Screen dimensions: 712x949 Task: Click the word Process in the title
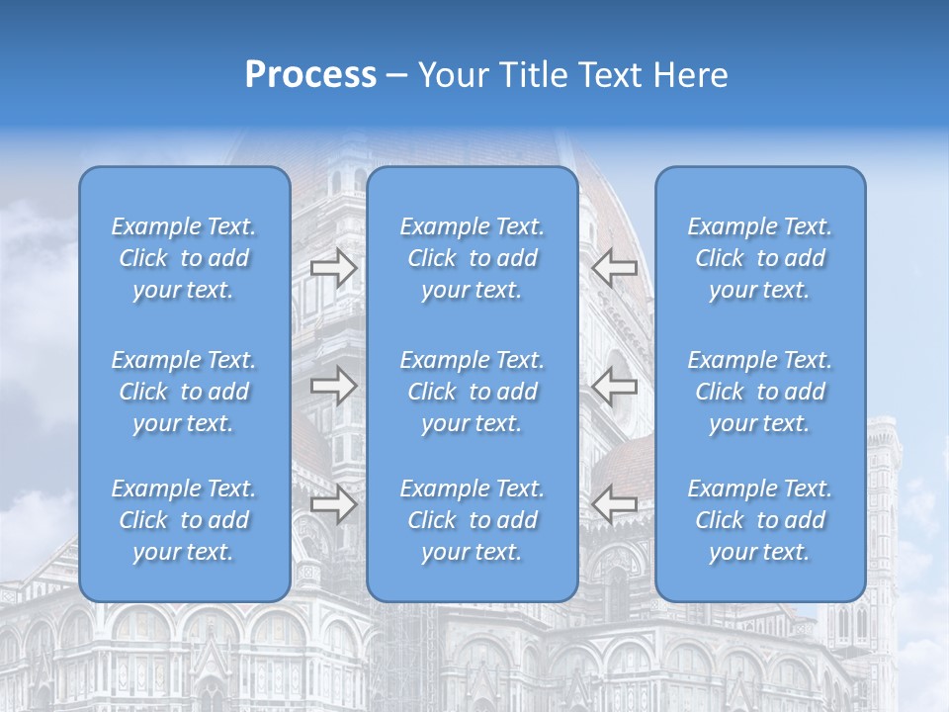pos(310,75)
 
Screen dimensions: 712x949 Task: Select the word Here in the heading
pos(691,75)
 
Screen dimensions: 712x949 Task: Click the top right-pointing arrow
pos(333,268)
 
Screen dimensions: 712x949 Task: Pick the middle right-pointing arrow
pos(333,386)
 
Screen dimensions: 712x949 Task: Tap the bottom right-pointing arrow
pos(333,505)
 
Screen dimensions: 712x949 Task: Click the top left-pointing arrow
pos(615,268)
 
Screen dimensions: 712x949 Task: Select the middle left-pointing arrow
pos(615,386)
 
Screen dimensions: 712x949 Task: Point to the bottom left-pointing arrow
pos(615,505)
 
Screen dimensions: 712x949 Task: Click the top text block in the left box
pos(184,258)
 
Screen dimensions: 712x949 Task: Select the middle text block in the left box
pos(184,392)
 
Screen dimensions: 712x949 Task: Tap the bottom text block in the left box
pos(184,520)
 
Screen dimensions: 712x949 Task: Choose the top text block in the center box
pos(473,258)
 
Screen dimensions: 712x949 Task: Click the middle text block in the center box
pos(473,392)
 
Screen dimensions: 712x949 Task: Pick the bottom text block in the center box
pos(473,520)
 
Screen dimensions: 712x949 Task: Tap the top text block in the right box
pos(760,258)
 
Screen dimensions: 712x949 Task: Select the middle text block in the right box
pos(760,392)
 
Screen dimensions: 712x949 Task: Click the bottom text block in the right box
pos(760,520)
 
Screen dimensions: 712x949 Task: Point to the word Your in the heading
pos(450,75)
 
